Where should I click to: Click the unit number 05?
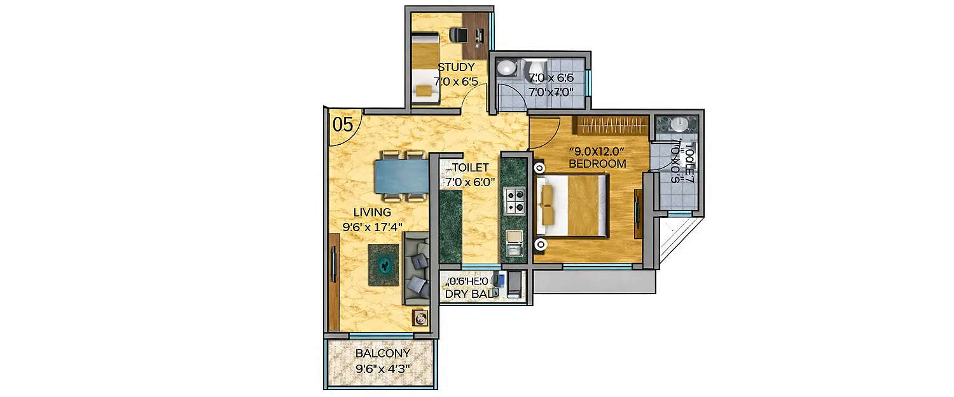coord(343,124)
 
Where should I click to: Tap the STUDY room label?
coord(456,67)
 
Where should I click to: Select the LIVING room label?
coord(372,212)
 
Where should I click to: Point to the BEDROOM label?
coord(597,163)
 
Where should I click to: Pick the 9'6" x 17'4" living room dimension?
coord(373,225)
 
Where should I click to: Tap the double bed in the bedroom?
coord(570,205)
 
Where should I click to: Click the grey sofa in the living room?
coord(417,269)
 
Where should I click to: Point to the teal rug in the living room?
coord(385,263)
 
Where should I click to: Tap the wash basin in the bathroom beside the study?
coord(507,67)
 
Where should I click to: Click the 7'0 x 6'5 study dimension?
coord(456,81)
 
